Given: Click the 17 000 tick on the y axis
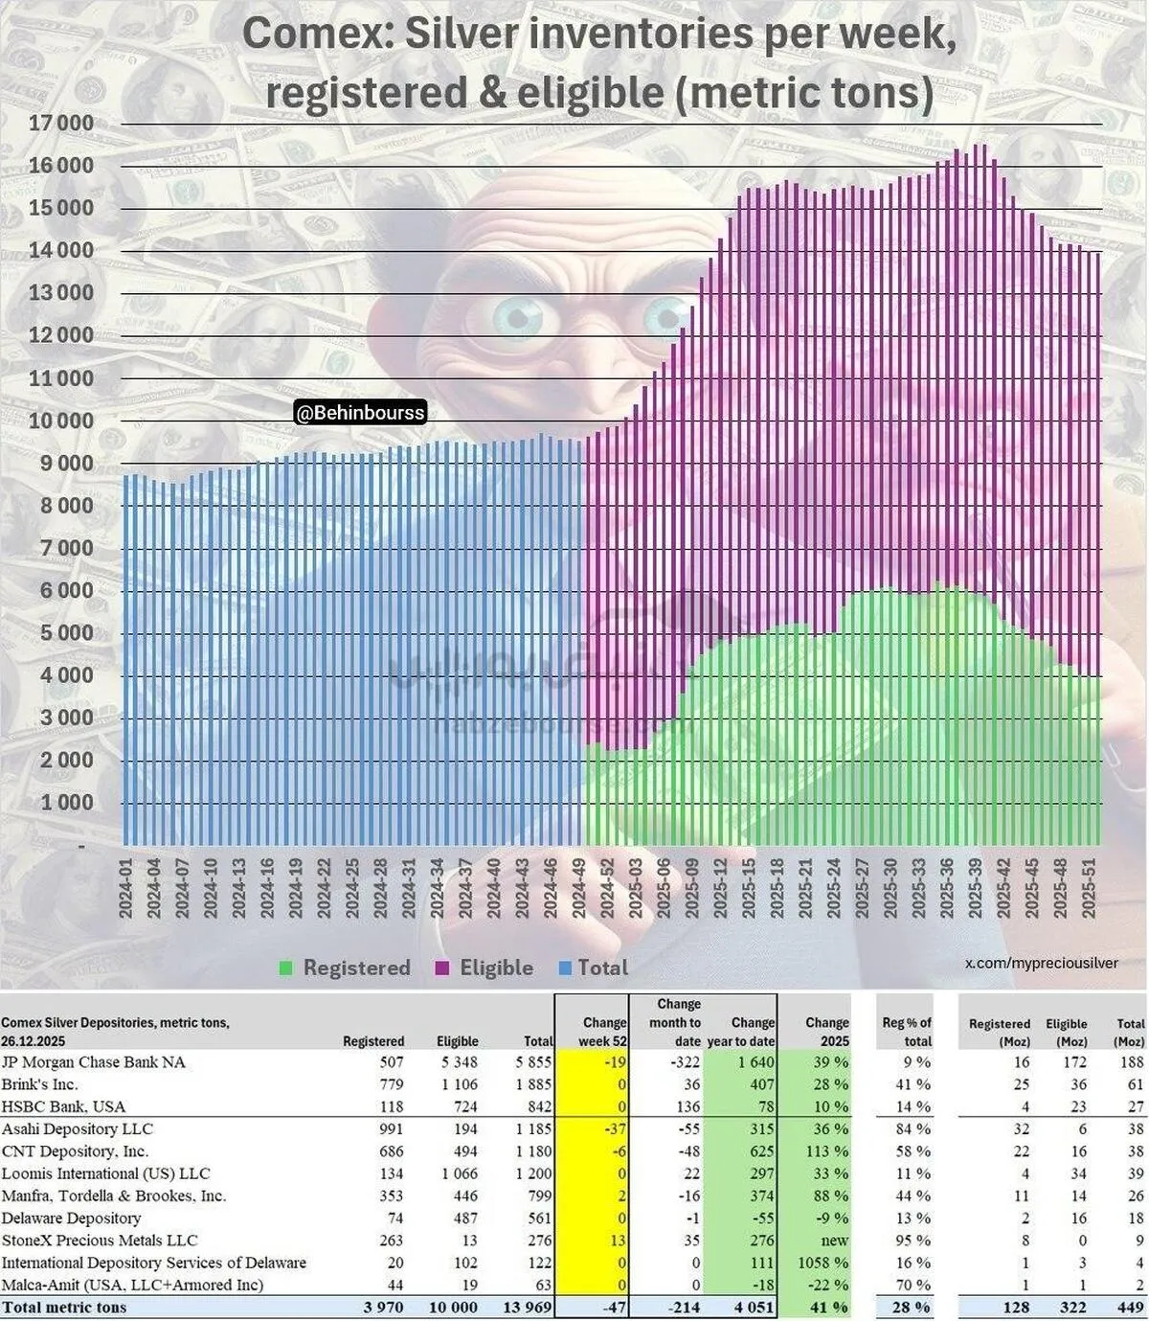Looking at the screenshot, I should (61, 124).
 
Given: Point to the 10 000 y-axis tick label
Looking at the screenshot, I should (61, 421).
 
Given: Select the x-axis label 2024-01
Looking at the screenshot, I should (125, 889).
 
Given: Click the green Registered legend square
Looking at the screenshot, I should (285, 968).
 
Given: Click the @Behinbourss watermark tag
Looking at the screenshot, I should (359, 414).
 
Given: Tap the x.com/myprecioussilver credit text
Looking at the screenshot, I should (1041, 963).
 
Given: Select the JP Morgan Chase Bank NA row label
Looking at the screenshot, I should (94, 1062).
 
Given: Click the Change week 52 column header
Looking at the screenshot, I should (604, 1032).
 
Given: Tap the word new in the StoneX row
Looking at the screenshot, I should (834, 1241).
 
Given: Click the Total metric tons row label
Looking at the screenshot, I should (64, 1308).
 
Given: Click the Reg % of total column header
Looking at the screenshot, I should (906, 1032).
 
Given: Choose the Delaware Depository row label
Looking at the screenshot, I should (71, 1219).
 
